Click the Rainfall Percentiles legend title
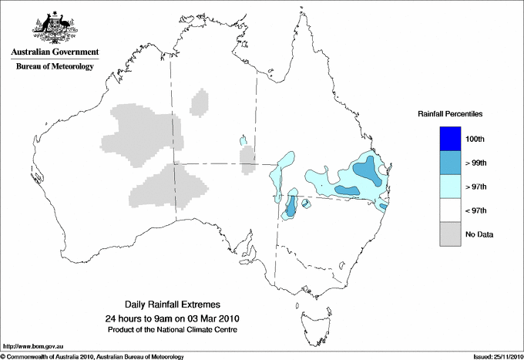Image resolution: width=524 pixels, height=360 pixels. [x=450, y=114]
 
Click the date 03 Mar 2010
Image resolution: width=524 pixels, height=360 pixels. [x=209, y=318]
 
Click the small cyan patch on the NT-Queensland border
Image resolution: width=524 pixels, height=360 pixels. [x=243, y=141]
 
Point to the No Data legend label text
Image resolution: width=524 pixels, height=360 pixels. [x=479, y=234]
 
